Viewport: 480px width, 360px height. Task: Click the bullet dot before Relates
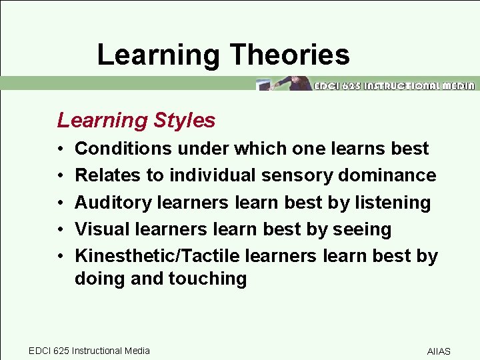(x=60, y=176)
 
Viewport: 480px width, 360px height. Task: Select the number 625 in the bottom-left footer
(x=60, y=351)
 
